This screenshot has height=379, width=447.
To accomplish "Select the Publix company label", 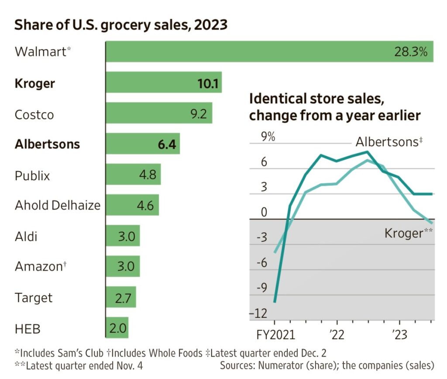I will tap(32, 176).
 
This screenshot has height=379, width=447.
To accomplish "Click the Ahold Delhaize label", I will tap(58, 205).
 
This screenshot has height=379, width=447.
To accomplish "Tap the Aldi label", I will tap(26, 237).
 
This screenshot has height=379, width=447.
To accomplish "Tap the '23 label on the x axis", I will tap(399, 335).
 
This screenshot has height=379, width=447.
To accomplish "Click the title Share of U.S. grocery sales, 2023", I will tap(121, 25).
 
